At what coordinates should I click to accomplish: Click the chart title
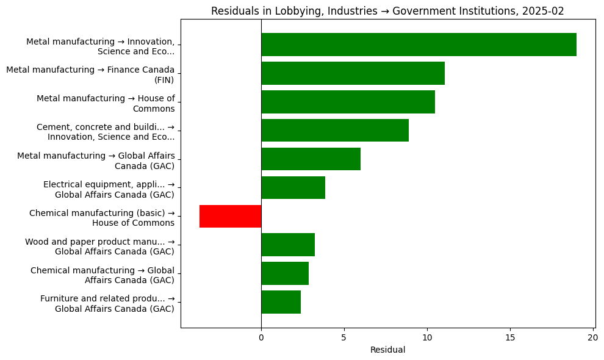tap(387, 11)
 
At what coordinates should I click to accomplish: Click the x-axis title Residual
tap(387, 350)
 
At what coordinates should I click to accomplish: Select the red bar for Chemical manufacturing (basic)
tap(230, 217)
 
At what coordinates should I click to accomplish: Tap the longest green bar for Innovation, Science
tap(419, 45)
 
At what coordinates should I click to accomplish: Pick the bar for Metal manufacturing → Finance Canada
tap(353, 73)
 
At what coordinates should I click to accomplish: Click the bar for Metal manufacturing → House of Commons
tap(348, 102)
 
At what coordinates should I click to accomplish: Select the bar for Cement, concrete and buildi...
tap(335, 131)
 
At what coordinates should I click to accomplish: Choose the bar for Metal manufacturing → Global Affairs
tap(311, 159)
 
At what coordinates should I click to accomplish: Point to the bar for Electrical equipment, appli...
tap(293, 188)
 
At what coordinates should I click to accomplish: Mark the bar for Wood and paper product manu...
tap(288, 245)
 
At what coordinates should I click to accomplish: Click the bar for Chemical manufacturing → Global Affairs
tap(285, 274)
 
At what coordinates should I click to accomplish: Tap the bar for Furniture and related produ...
tap(281, 303)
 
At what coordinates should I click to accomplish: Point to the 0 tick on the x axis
tap(261, 337)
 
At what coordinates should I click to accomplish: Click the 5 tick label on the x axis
tap(344, 337)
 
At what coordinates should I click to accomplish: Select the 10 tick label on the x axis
tap(427, 337)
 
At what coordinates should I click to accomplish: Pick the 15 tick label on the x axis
tap(510, 337)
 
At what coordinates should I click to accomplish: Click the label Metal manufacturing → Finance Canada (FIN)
tap(90, 74)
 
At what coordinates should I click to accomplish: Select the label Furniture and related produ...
tap(107, 303)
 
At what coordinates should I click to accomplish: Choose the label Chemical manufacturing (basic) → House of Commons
tap(102, 218)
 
